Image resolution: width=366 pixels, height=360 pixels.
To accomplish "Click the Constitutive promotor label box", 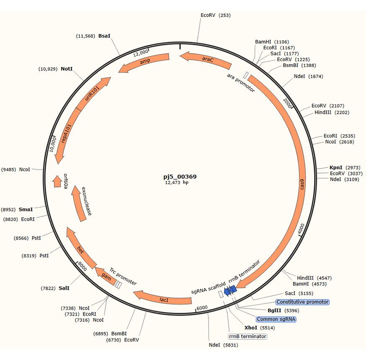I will click(302, 302).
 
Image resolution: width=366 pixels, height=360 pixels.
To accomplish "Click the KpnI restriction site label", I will click(336, 167).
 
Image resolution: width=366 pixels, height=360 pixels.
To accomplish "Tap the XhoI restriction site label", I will click(250, 327).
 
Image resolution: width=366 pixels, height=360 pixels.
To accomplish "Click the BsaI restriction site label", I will click(104, 36).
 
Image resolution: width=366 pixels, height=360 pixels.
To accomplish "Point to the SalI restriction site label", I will click(64, 288).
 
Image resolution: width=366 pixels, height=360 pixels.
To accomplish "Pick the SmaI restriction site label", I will click(26, 209).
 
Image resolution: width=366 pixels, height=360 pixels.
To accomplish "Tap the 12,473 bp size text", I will click(180, 183).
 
